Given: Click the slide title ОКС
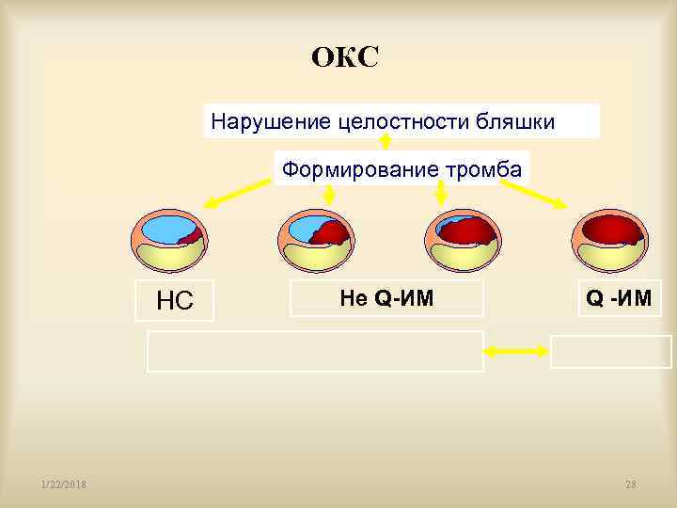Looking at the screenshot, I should point(345,58).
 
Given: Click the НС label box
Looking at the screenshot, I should point(175,300).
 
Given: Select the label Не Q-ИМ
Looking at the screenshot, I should point(386,298).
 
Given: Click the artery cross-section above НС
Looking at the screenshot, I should point(167,242).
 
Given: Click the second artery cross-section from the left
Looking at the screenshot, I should point(316,242).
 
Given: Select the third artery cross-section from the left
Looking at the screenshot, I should point(463,242).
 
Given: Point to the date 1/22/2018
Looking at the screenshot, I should point(64,484).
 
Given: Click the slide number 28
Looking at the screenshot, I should point(630,484).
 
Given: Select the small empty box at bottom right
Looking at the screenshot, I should point(611,352).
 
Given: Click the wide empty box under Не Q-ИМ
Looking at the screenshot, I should point(315,352).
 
